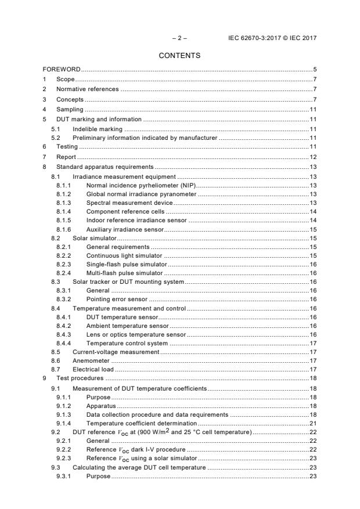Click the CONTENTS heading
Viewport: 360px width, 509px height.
pos(180,56)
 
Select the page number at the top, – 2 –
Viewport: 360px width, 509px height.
pos(179,38)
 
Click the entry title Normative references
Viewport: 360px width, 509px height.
pos(87,89)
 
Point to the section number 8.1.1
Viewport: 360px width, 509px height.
pos(64,184)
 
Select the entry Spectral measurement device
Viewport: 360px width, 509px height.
pos(129,203)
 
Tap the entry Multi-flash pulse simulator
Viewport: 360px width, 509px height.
pos(124,273)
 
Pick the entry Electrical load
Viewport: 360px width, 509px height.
pos(92,369)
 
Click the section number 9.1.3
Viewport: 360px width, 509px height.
pos(64,416)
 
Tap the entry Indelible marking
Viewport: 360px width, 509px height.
pos(97,129)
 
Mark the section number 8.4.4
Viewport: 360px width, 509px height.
pos(64,343)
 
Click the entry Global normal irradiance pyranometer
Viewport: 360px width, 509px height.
pos(141,193)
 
